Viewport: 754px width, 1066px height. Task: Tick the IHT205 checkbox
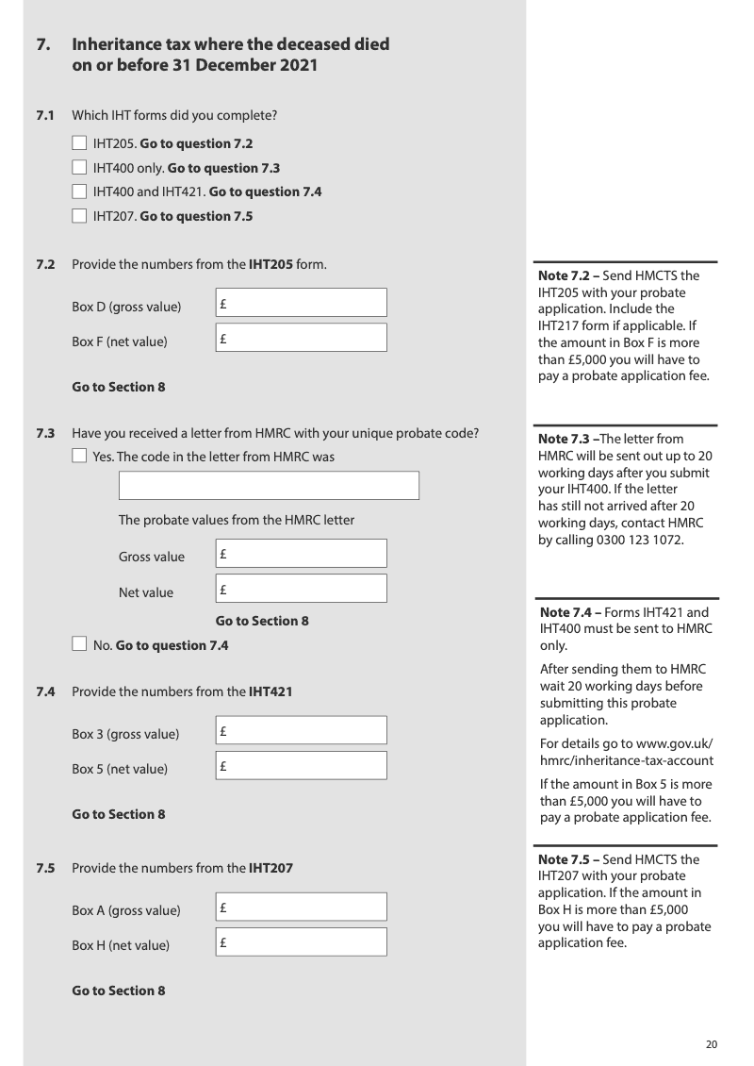(79, 144)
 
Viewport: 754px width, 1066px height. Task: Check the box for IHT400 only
(79, 168)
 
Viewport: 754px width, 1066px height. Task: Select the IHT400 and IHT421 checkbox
(79, 192)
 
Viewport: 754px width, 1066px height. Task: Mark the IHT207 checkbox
(79, 216)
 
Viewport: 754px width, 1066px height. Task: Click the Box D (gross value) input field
(301, 303)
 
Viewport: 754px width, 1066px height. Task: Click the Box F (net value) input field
(301, 338)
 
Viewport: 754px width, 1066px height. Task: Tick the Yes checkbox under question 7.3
(79, 458)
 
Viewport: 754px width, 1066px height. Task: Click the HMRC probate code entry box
(268, 486)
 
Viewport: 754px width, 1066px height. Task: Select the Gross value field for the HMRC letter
(301, 554)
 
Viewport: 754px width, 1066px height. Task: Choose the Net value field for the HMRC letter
(301, 589)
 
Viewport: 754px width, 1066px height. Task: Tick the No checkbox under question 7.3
(79, 645)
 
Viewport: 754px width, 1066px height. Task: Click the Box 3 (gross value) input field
(301, 731)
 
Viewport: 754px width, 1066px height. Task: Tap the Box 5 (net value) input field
(301, 766)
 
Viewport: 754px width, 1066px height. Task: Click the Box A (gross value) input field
(301, 908)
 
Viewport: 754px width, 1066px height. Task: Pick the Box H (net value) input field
(301, 942)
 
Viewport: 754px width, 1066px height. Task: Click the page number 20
(712, 1044)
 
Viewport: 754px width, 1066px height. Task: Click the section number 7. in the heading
(43, 44)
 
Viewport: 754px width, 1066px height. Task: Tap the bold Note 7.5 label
(564, 860)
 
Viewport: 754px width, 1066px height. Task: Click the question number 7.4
(45, 691)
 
